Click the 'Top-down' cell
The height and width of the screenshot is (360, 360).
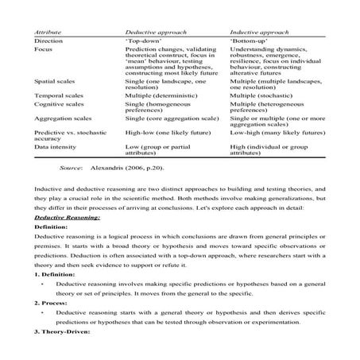coord(143,39)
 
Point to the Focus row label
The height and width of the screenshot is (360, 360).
coord(43,48)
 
